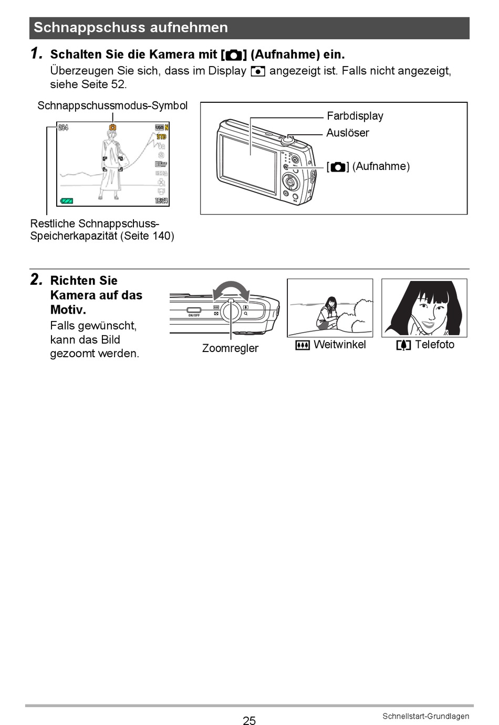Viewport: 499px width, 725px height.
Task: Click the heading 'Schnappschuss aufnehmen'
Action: pyautogui.click(x=131, y=28)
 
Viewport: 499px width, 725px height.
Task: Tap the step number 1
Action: pyautogui.click(x=36, y=54)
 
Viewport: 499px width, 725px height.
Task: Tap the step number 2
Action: pyautogui.click(x=36, y=280)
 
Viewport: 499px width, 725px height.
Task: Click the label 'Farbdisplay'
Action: pyautogui.click(x=355, y=116)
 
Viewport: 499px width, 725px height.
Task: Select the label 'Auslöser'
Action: pyautogui.click(x=347, y=133)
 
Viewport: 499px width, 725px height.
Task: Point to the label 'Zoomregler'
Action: pyautogui.click(x=230, y=348)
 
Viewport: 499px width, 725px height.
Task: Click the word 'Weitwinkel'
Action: pyautogui.click(x=339, y=345)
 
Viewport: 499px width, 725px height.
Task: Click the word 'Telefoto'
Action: pyautogui.click(x=434, y=345)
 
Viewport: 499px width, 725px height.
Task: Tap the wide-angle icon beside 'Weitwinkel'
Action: pyautogui.click(x=303, y=345)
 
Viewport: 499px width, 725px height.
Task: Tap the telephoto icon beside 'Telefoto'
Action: pyautogui.click(x=403, y=345)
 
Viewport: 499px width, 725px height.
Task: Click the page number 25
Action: pyautogui.click(x=250, y=720)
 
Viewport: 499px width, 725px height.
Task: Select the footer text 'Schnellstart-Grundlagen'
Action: pyautogui.click(x=425, y=716)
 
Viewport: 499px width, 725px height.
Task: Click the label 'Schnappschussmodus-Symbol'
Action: pyautogui.click(x=112, y=105)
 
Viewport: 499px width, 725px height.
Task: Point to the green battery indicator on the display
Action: pyautogui.click(x=67, y=201)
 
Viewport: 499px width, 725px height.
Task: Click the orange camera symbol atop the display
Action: pyautogui.click(x=112, y=127)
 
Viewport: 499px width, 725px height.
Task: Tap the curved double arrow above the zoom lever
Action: pyautogui.click(x=231, y=290)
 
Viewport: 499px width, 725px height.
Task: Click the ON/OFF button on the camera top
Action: pyautogui.click(x=194, y=310)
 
